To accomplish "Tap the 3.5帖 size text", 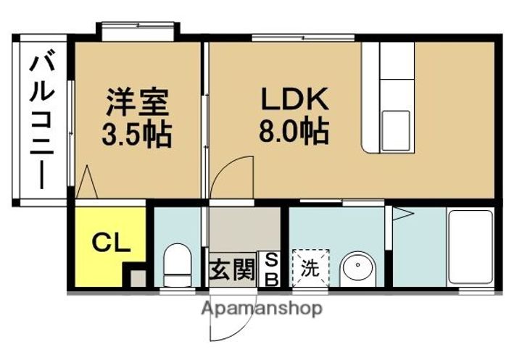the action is [136, 134].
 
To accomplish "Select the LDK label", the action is [294, 99].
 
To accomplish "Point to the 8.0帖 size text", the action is [294, 130].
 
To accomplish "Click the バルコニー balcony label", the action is [41, 122].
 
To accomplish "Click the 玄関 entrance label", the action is [232, 269].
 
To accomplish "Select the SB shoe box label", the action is [272, 269].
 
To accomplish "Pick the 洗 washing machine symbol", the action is [310, 267].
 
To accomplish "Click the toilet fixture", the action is [178, 265].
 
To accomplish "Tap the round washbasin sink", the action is [359, 268].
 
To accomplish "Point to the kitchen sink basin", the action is [395, 130].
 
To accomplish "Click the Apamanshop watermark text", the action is [262, 309].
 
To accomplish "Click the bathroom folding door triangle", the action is [403, 214].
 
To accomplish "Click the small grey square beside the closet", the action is [137, 278].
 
